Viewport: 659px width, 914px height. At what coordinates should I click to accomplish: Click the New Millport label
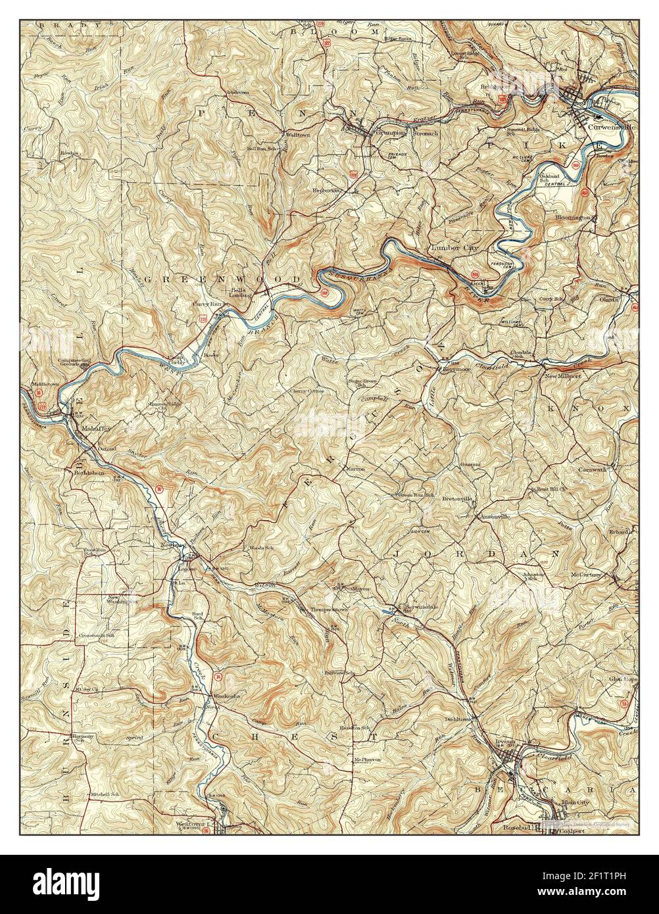[562, 376]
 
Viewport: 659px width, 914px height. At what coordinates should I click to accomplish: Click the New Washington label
[122, 600]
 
